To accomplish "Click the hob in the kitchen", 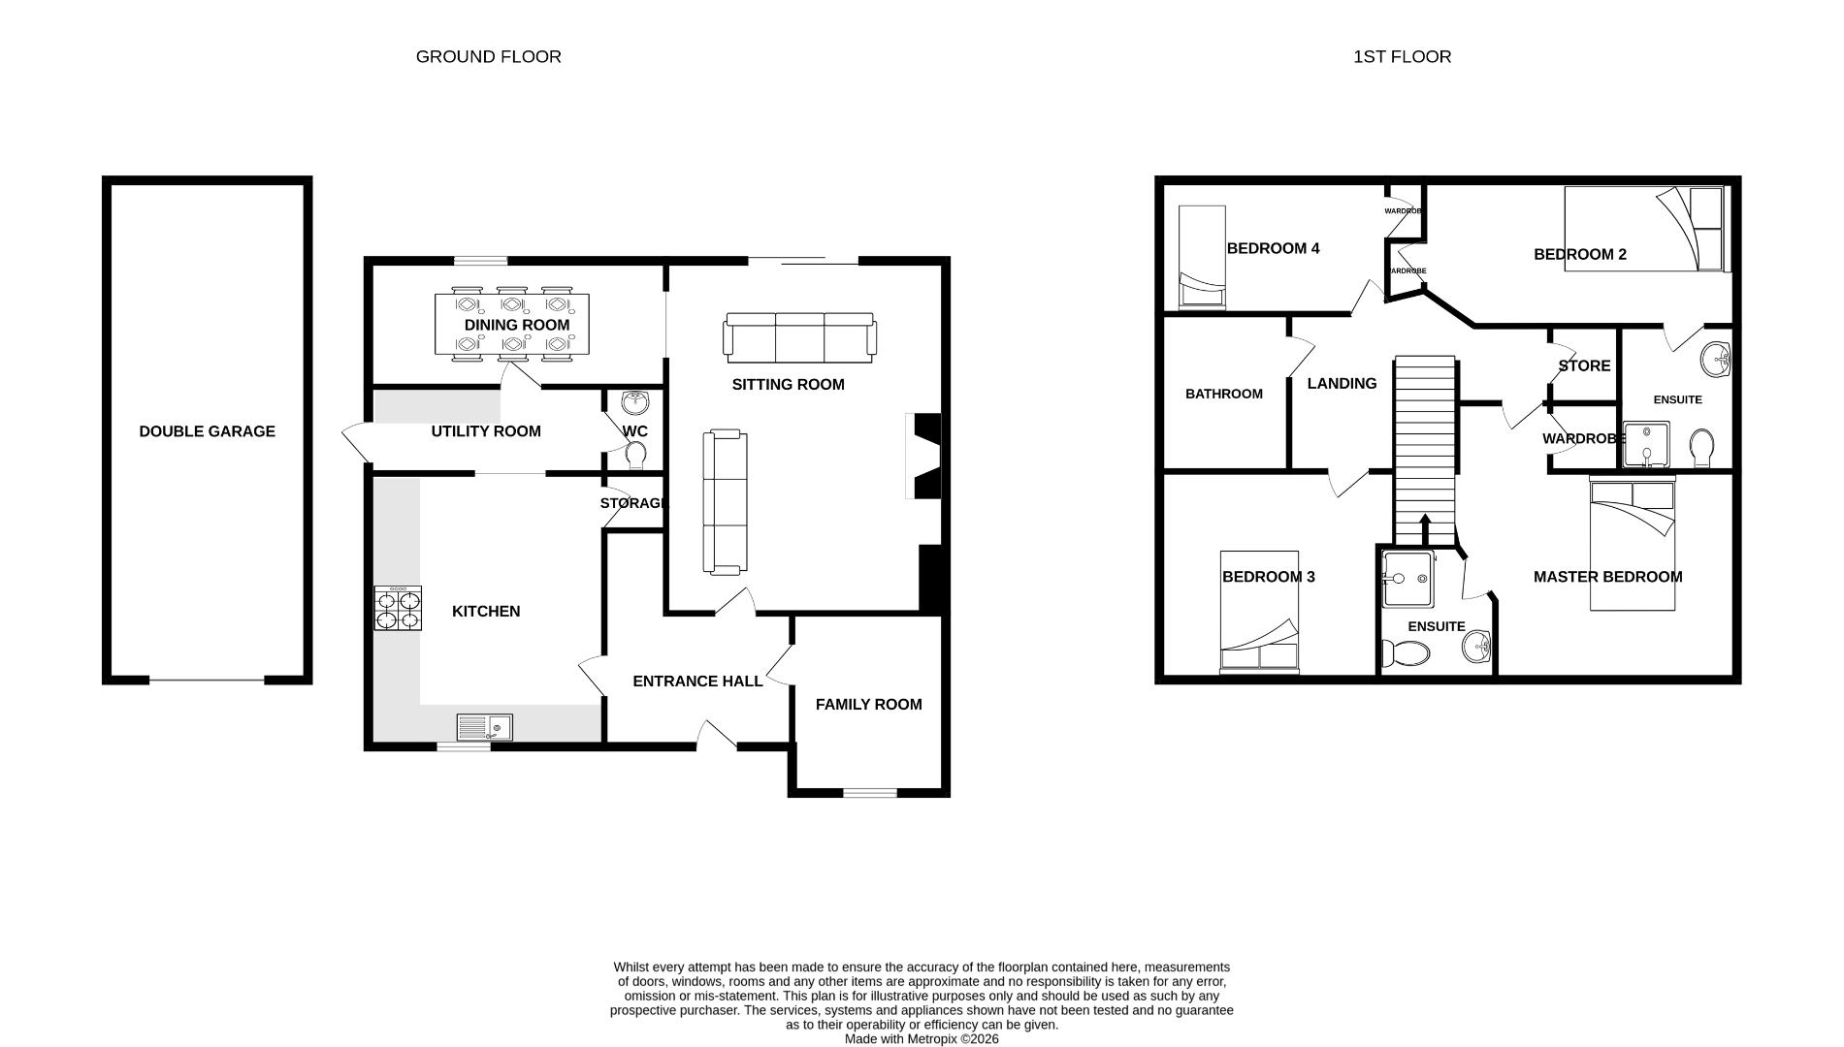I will (x=398, y=609).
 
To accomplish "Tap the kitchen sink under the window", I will (x=484, y=726).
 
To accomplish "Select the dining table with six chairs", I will (x=511, y=325).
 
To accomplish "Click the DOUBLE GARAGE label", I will (x=207, y=431).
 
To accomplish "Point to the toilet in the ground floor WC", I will (x=636, y=454).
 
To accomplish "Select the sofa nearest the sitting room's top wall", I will (x=799, y=335).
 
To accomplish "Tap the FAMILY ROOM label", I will (x=868, y=705).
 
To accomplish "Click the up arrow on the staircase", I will (x=1425, y=528).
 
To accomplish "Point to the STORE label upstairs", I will (x=1584, y=365).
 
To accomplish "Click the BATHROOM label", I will (x=1223, y=394).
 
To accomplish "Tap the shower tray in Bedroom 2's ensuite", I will (x=1646, y=444).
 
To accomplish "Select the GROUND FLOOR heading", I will (x=488, y=56).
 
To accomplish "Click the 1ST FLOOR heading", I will (x=1402, y=56).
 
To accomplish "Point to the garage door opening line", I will (x=207, y=680).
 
